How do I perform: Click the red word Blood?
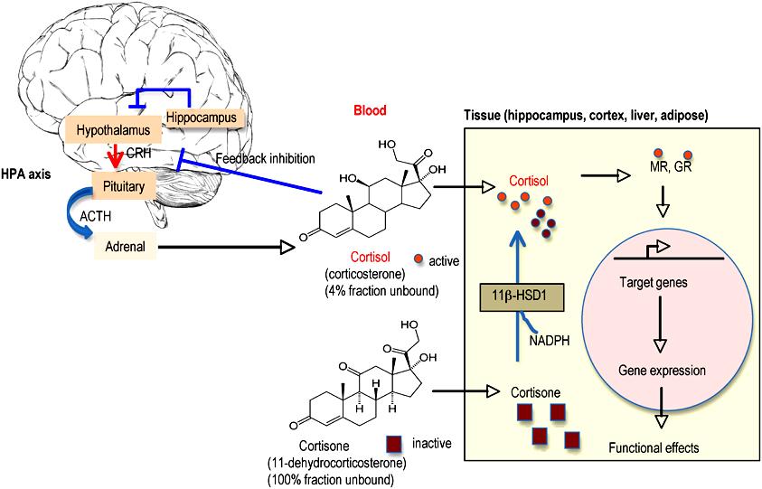click(x=370, y=111)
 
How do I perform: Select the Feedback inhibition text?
click(x=266, y=159)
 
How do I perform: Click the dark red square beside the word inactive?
click(x=393, y=443)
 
